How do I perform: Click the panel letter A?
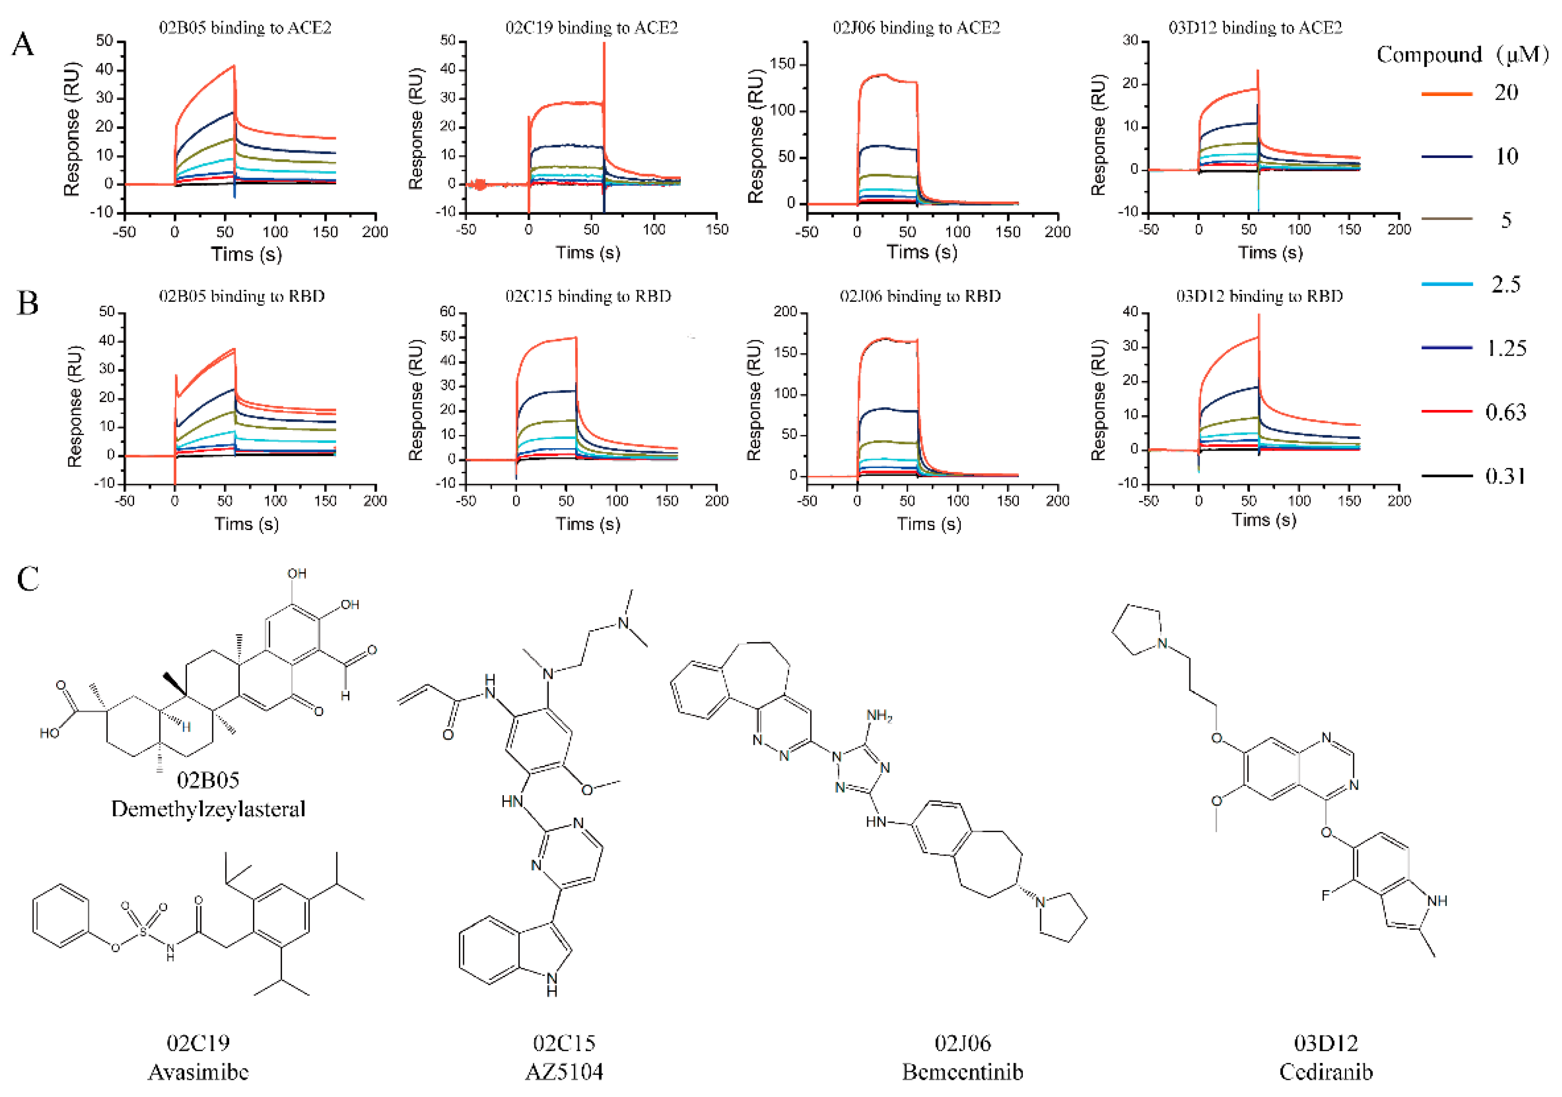23,45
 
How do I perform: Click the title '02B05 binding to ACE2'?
245,28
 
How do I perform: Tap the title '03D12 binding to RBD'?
1259,296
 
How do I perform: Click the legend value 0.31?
1505,476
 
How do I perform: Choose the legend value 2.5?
1505,284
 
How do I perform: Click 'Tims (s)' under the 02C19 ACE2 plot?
588,252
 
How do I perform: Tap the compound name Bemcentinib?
962,1072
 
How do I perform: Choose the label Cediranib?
1325,1072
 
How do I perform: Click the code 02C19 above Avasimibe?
198,1043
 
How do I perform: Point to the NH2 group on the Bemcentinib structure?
879,715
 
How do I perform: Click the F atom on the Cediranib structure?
1325,895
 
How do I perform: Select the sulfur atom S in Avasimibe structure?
143,931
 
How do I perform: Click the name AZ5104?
563,1072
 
